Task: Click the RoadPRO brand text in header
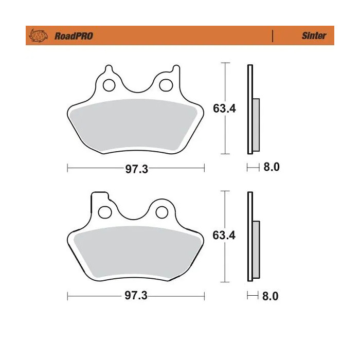[74, 36]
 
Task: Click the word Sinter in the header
[314, 36]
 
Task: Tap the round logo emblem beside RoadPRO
[39, 36]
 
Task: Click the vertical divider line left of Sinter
[272, 36]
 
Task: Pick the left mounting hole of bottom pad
[105, 211]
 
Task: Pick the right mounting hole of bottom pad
[163, 211]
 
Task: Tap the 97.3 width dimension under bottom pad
[136, 297]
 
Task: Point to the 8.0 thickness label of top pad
[271, 168]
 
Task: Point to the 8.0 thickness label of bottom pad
[271, 296]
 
